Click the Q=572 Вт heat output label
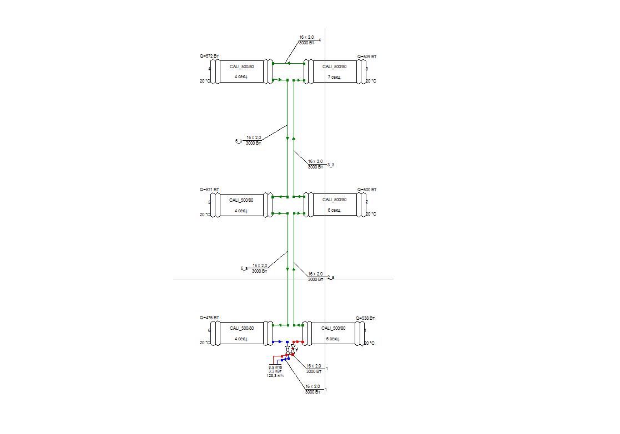(x=209, y=57)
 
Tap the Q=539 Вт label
(x=367, y=57)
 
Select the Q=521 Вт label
(x=209, y=190)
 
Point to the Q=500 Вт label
(x=366, y=190)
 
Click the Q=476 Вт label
(x=209, y=318)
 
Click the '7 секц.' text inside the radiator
(x=334, y=77)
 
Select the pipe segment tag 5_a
(x=239, y=141)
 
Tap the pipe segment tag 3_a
(x=331, y=165)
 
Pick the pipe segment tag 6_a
(x=244, y=268)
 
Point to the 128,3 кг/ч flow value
(x=275, y=376)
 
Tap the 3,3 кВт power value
(x=275, y=372)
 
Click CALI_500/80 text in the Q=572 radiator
(x=241, y=67)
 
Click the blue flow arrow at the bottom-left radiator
(x=279, y=342)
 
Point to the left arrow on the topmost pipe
(x=289, y=63)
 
